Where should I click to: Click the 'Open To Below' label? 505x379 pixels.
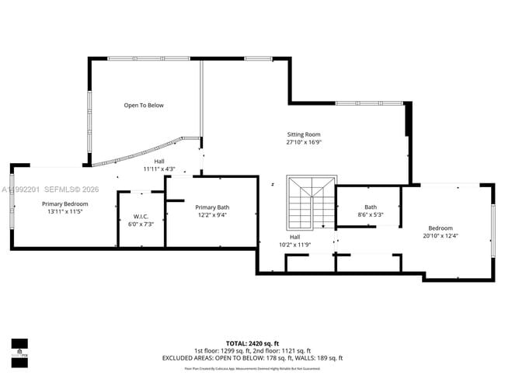pos(144,105)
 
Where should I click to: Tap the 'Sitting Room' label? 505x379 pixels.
pos(303,134)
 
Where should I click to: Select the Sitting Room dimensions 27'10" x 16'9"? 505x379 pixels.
pos(303,142)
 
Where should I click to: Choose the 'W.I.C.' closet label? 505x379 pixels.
pos(141,217)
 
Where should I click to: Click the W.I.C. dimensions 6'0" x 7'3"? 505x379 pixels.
pos(141,224)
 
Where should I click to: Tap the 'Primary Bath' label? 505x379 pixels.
pos(212,207)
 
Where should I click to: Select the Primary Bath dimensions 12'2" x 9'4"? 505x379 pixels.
pos(212,215)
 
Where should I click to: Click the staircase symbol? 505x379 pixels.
pos(310,201)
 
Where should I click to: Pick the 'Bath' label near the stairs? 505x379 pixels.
pos(371,207)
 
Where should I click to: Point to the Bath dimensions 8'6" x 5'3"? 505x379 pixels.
pos(371,214)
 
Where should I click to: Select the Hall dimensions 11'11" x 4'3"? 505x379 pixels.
pos(158,169)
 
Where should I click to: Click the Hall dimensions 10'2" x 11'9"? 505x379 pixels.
pos(294,245)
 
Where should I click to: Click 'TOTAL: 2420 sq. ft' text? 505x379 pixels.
pos(252,342)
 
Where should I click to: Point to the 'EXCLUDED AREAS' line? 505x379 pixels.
pos(252,358)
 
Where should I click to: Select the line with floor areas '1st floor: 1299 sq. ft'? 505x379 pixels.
pos(252,350)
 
